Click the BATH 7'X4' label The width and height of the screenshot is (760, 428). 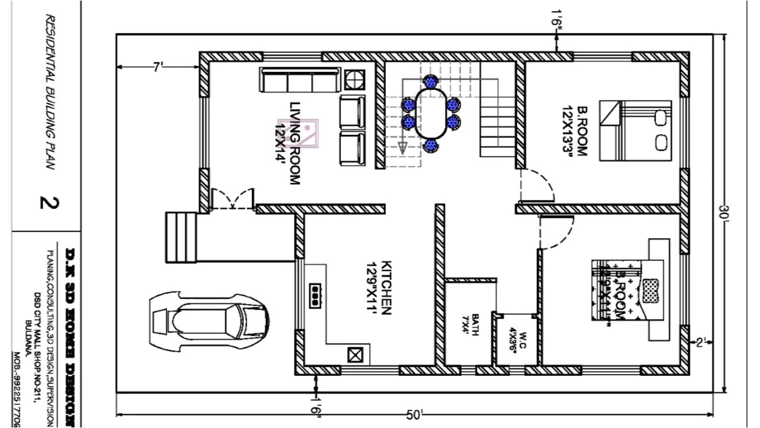point(470,325)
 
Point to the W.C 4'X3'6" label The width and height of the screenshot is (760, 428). point(515,339)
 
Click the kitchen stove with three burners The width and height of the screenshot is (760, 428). point(315,294)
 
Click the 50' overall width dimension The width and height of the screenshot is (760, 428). point(414,415)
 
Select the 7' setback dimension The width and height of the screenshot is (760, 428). point(157,68)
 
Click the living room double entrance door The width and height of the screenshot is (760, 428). point(232,199)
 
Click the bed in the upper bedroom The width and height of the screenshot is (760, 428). point(635,130)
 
